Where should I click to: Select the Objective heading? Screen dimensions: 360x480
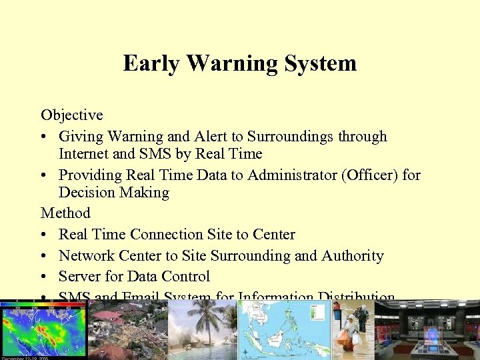coord(72,115)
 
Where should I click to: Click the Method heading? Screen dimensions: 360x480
coord(65,213)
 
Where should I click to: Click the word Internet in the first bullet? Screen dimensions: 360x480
coord(85,154)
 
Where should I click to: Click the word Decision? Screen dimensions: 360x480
coord(86,193)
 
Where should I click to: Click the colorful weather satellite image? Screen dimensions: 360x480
coord(43,331)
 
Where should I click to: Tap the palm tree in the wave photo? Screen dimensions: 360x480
coord(207,320)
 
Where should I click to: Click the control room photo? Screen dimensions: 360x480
coord(427,331)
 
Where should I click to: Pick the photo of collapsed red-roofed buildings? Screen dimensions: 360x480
coord(127,331)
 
